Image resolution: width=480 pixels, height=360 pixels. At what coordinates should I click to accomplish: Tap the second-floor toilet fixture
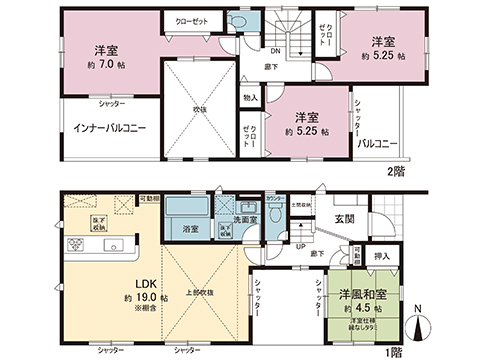236,22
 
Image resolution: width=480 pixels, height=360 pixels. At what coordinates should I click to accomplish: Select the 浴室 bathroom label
190,229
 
